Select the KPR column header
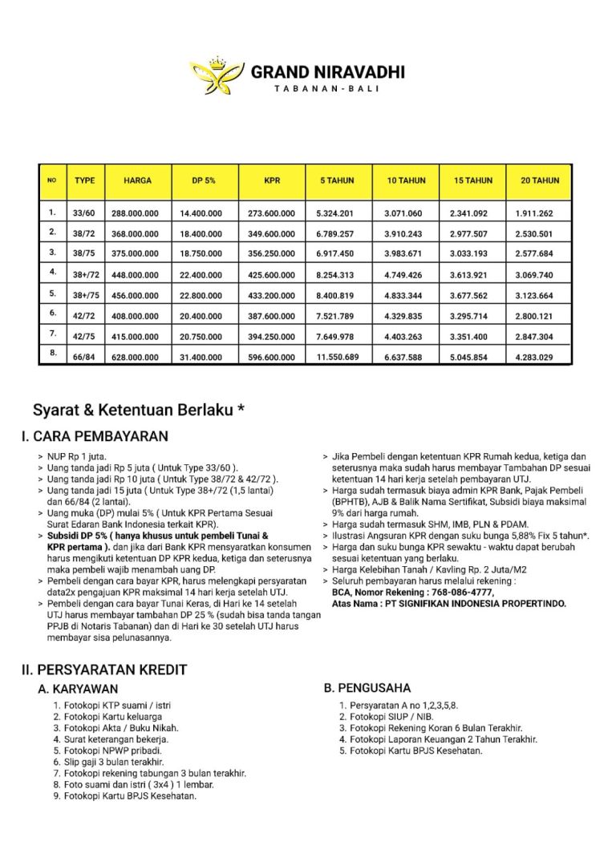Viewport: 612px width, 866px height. click(x=271, y=181)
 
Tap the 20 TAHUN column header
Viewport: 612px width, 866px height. click(x=540, y=181)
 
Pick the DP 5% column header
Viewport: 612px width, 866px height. click(x=203, y=181)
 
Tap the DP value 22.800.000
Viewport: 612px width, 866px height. click(x=204, y=293)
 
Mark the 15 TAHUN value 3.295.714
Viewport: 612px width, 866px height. click(x=472, y=314)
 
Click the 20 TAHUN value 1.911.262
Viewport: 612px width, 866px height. click(x=540, y=214)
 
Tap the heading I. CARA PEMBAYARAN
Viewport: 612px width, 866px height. click(x=95, y=437)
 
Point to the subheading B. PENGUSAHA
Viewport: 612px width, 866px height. click(x=367, y=688)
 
